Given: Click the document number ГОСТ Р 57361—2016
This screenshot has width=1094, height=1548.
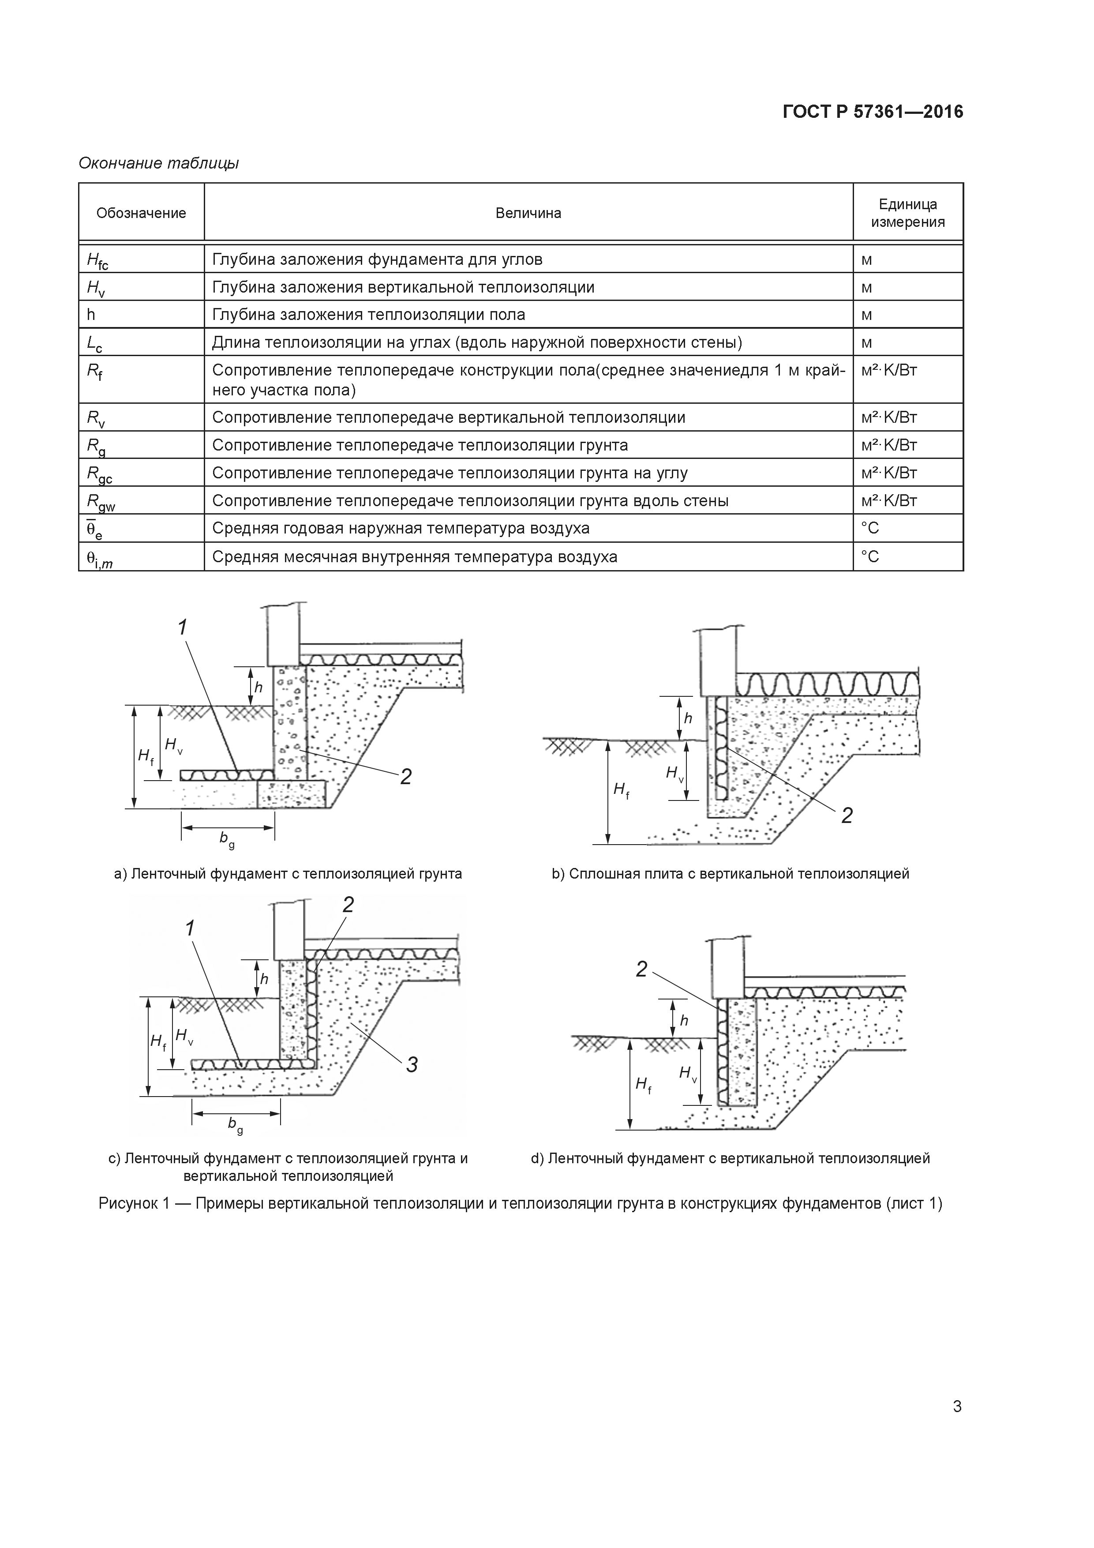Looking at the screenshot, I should click(873, 112).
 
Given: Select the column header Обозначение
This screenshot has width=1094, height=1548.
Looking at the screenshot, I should click(141, 214).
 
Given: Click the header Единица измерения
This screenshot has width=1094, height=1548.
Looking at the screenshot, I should click(907, 213).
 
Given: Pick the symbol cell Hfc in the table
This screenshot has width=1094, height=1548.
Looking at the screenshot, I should click(98, 260).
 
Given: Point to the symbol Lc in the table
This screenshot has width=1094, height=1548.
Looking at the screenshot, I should click(94, 344).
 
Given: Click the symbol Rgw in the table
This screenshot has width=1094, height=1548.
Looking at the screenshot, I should click(100, 502).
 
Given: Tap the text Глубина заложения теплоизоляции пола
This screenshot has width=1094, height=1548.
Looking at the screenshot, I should click(368, 315).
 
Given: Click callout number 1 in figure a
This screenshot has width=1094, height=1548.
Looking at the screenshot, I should click(182, 627).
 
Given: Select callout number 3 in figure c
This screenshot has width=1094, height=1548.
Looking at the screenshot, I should click(412, 1065).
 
